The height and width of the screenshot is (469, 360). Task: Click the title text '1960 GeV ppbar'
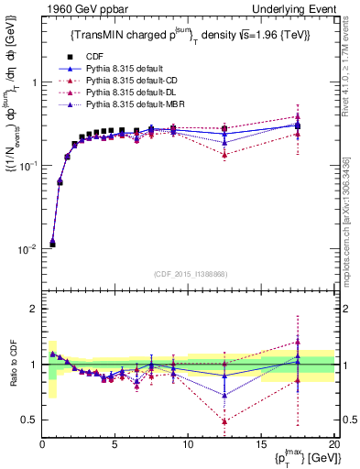click(x=79, y=10)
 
